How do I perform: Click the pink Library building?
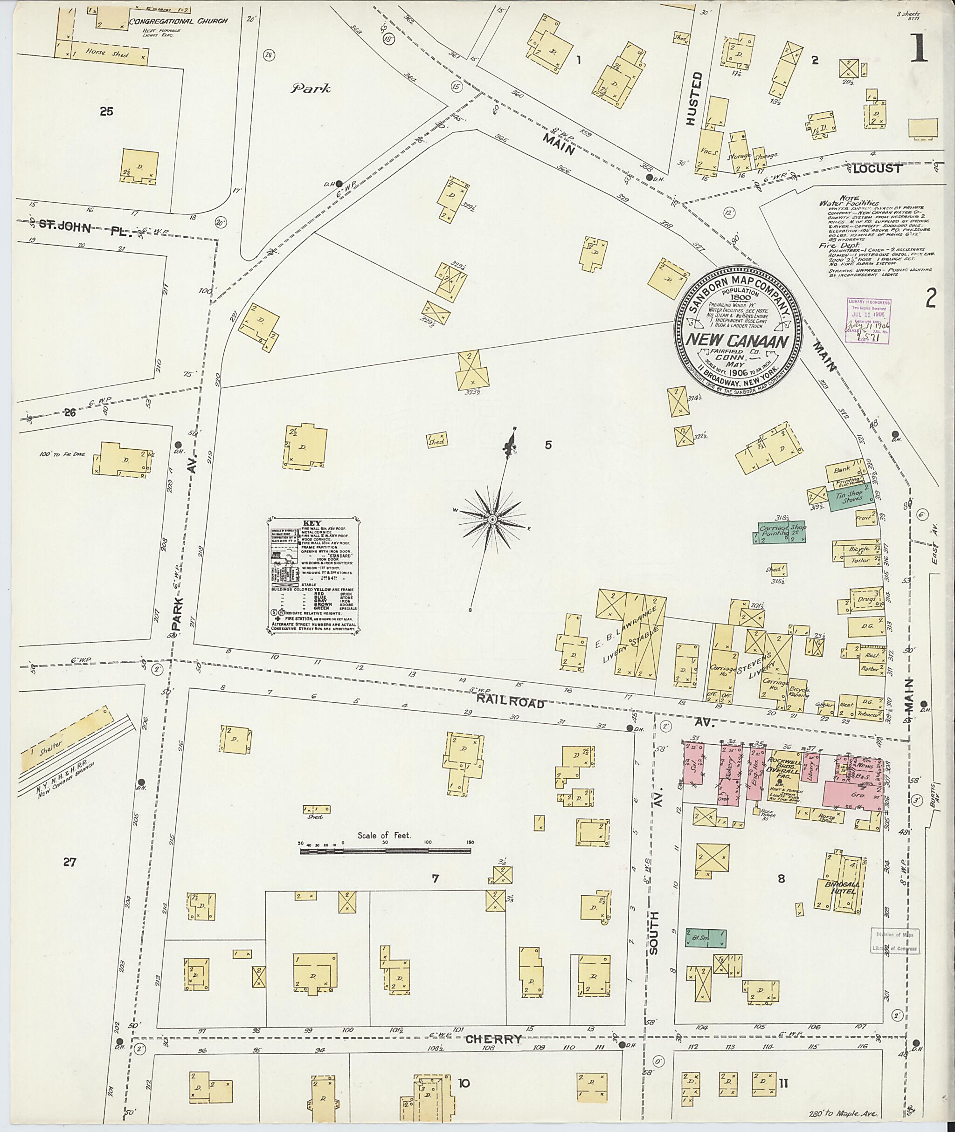coord(810,766)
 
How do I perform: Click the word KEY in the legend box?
coord(312,523)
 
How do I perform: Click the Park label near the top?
coord(311,89)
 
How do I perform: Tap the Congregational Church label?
coord(178,21)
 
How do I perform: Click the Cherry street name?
coord(494,1039)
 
